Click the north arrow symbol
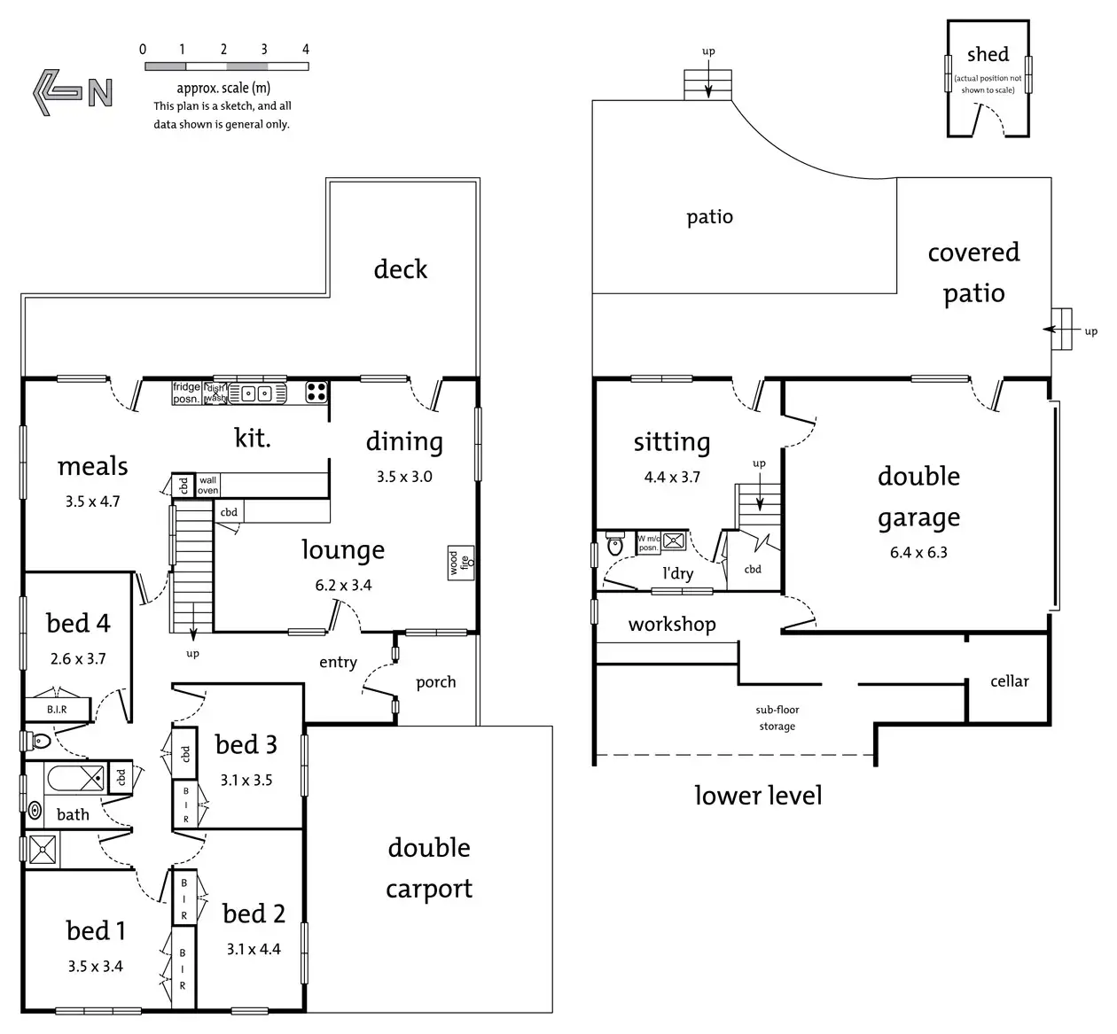pos(73,91)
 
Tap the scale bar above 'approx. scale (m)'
pos(226,66)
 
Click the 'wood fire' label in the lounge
pos(460,563)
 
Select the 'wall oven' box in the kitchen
pos(207,485)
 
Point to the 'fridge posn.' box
pos(186,393)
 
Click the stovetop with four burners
pos(316,391)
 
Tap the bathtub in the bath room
pos(74,779)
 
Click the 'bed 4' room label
pos(78,624)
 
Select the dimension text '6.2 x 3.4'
pos(343,585)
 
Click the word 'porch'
pos(435,681)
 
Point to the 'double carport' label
pos(429,867)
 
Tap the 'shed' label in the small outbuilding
pos(988,55)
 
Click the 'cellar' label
pos(1009,680)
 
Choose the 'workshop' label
pos(671,624)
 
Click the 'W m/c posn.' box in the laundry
pos(648,543)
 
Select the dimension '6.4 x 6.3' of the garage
pos(918,552)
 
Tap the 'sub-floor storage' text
pos(777,718)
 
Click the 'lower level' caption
pos(758,795)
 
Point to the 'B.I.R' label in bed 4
pos(57,709)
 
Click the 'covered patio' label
pos(973,272)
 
